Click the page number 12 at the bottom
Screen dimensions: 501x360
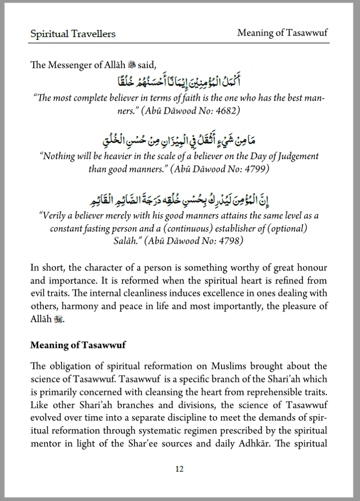(179, 469)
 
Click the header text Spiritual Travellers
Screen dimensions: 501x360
(73, 34)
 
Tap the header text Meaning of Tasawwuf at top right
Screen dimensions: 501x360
(282, 33)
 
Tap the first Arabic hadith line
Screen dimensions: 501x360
(179, 82)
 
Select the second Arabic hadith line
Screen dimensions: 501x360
(179, 139)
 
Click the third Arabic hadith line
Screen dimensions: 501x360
(179, 199)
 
